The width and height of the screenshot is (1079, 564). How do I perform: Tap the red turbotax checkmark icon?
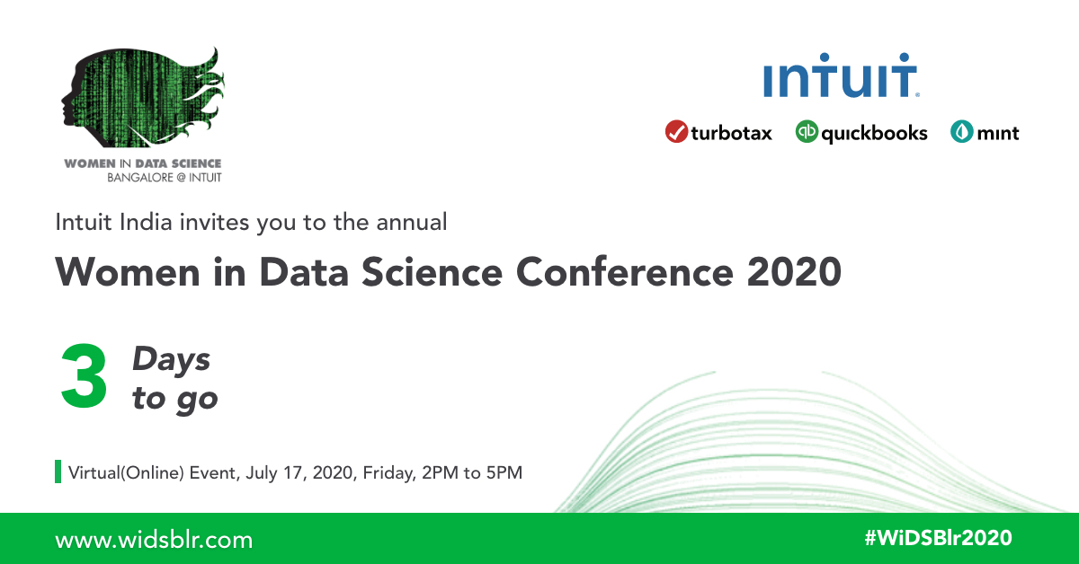tap(676, 132)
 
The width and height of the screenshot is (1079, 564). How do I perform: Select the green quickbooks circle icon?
tap(807, 132)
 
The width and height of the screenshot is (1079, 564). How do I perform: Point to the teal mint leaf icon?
tap(961, 132)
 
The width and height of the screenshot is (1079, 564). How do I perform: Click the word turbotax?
tap(731, 134)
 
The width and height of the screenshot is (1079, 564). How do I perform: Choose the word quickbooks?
tap(874, 134)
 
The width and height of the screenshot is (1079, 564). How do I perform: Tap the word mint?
tap(998, 134)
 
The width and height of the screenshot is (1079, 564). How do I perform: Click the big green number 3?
tap(84, 377)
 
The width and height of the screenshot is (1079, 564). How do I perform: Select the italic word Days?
tap(171, 360)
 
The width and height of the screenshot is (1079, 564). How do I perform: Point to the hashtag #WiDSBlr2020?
tap(937, 538)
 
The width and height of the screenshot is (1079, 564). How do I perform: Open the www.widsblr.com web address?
tap(154, 540)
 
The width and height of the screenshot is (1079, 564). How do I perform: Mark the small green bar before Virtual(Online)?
tap(58, 471)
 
